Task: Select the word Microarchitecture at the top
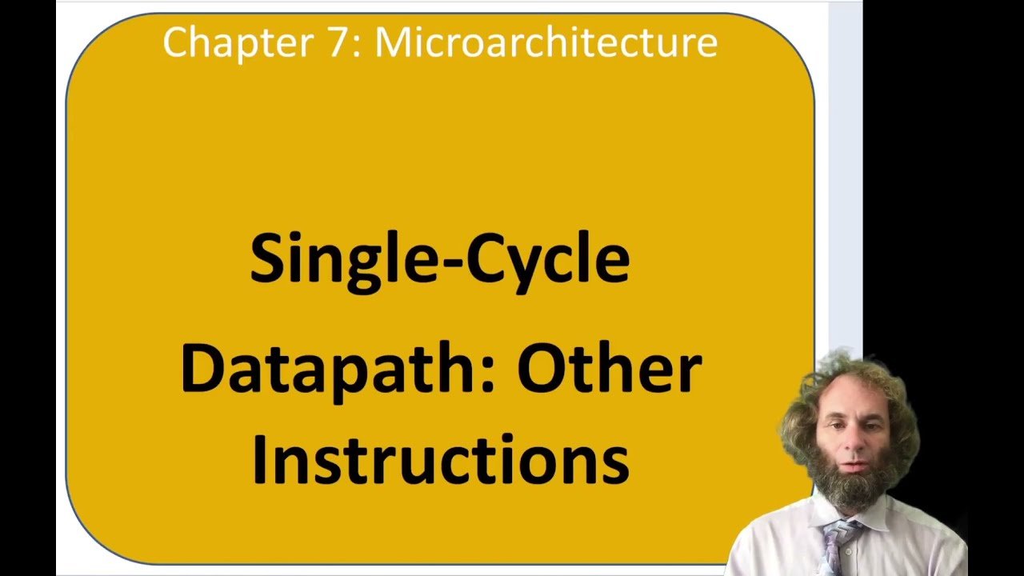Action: point(546,42)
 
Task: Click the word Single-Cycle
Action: point(439,258)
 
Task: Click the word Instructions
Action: point(439,460)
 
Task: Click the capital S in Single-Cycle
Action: point(266,258)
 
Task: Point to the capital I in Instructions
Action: point(258,460)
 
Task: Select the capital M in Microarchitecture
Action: point(394,42)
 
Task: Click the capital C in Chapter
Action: point(175,42)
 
